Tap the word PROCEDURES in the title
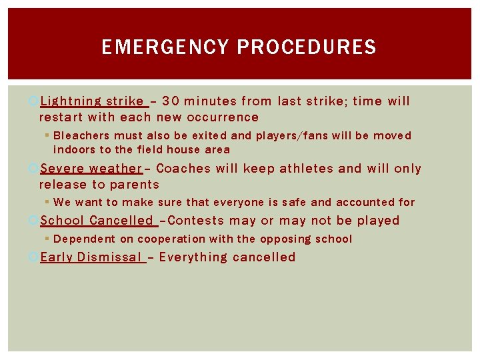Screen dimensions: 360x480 pyautogui.click(x=307, y=47)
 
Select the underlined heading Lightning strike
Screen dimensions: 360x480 pyautogui.click(x=92, y=101)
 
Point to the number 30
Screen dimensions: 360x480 pyautogui.click(x=170, y=101)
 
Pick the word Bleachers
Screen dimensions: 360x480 pyautogui.click(x=81, y=135)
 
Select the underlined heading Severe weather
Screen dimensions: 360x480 pyautogui.click(x=91, y=169)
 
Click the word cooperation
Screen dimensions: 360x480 pyautogui.click(x=173, y=239)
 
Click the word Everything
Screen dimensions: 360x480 pyautogui.click(x=193, y=257)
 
